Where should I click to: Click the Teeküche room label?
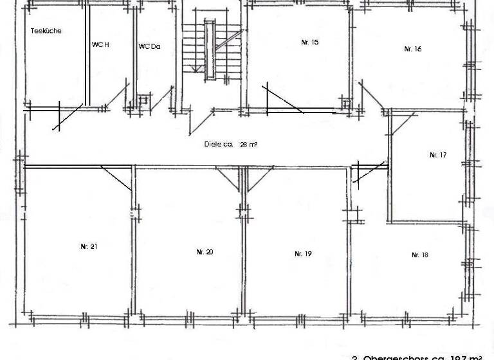(x=46, y=31)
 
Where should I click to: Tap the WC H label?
(x=101, y=45)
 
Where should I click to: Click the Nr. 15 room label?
(x=309, y=42)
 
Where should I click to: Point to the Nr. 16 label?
(x=412, y=49)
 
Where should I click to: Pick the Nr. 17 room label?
(x=438, y=155)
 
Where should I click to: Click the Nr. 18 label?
(x=419, y=255)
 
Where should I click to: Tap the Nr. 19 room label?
(x=303, y=254)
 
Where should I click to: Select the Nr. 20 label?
(x=205, y=252)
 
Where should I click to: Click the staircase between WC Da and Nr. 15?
(x=211, y=48)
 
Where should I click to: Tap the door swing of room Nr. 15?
(x=283, y=100)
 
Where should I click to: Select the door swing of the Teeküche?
(x=68, y=116)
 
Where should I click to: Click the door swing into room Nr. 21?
(x=116, y=178)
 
